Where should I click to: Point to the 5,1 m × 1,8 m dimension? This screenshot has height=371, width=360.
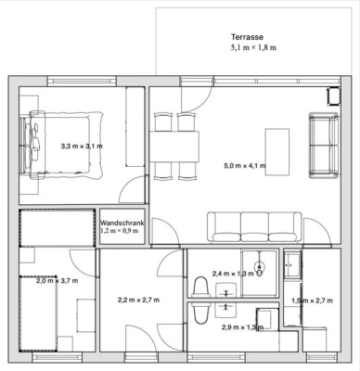coord(254,46)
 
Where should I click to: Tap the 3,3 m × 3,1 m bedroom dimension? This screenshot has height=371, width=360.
coord(82,147)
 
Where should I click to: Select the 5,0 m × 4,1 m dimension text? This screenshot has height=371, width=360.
coord(245,166)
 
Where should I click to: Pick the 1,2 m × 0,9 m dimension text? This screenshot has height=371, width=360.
coord(119,231)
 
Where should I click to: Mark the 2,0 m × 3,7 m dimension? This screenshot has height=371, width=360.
coord(57,280)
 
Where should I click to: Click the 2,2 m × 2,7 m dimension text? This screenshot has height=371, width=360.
coord(138,301)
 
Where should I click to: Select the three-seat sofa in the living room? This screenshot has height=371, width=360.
coord(253,226)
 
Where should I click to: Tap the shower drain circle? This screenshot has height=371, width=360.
coord(261,274)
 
